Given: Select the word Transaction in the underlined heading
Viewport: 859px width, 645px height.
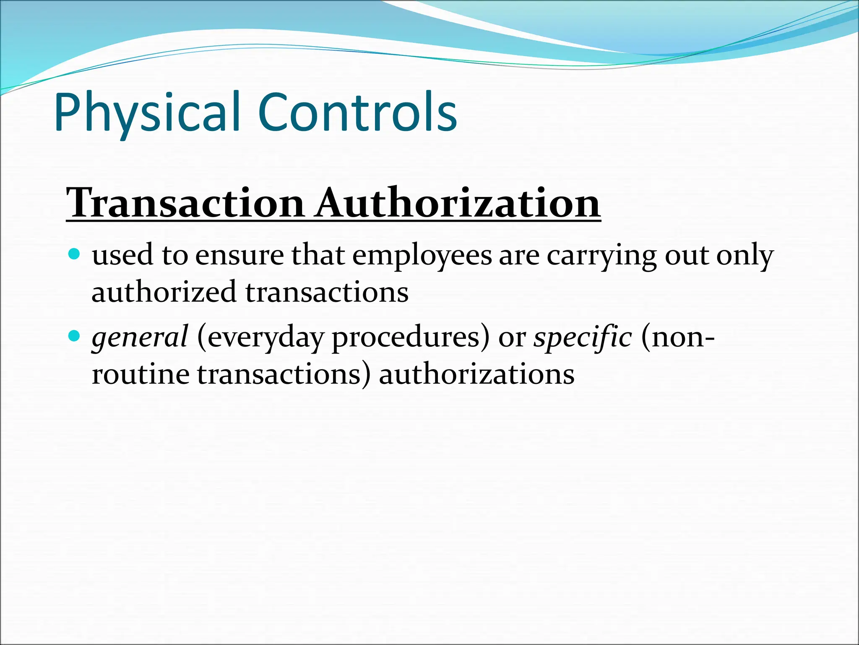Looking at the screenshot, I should pos(185,203).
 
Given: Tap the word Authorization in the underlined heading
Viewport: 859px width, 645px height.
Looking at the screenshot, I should pos(458,203).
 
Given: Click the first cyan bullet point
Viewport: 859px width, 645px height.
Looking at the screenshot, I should pos(74,254).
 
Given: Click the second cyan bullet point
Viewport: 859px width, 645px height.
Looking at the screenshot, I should pos(74,336).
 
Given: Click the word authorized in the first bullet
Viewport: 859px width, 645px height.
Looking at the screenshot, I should pos(164,292).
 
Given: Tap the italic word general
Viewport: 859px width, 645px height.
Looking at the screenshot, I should pos(140,338).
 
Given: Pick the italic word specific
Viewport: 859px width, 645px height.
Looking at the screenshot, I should pos(582,337).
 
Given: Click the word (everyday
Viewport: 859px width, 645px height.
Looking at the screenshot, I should pos(260,338).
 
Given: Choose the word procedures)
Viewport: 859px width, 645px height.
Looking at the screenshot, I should pos(410,338).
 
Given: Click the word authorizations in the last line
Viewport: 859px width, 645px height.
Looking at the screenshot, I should pos(476,374).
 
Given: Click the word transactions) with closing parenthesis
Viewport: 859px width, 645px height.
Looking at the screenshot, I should pos(284,374).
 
